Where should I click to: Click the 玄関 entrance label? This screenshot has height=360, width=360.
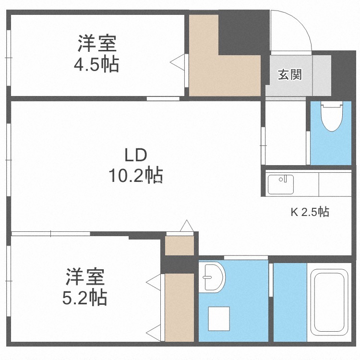pos(290,74)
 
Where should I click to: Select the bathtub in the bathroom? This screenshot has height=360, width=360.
pos(329,302)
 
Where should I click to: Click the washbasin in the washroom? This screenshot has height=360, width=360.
pos(212,277)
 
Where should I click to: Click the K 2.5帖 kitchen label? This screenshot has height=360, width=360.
pos(310,212)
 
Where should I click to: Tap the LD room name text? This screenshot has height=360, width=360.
pos(135,156)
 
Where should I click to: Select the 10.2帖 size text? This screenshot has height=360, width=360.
pos(136,175)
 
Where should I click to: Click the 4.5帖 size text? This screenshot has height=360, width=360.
pos(96,64)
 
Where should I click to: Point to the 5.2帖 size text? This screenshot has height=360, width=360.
pos(84,298)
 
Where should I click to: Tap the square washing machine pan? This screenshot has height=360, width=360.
pos(219,319)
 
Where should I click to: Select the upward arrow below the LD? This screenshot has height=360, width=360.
pos(187,226)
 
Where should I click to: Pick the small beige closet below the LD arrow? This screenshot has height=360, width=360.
pos(180,245)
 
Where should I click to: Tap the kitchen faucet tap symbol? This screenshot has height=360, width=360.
pos(283,179)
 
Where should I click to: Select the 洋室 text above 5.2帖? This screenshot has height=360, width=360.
pos(85,277)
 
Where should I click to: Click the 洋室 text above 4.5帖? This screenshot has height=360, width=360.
pos(97,43)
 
